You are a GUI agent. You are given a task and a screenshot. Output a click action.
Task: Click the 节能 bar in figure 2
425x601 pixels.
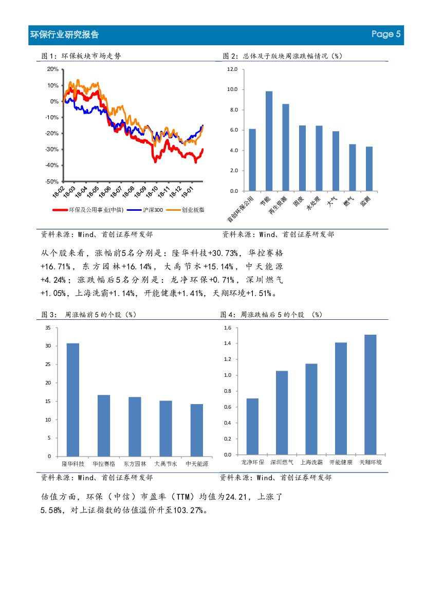pos(269,141)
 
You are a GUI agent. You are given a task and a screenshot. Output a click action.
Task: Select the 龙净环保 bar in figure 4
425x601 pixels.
pos(252,426)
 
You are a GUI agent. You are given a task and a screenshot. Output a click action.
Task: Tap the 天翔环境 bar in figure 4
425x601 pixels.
pos(371,394)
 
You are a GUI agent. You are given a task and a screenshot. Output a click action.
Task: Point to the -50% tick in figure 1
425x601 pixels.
pos(52,181)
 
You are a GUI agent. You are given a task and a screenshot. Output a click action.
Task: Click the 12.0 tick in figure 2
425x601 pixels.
pos(232,69)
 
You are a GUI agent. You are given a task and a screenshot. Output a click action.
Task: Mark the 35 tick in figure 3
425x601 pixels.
pos(48,327)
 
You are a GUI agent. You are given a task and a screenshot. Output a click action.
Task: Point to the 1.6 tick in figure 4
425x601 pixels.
pos(228,327)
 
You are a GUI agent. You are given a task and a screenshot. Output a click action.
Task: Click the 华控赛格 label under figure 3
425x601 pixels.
pos(104,464)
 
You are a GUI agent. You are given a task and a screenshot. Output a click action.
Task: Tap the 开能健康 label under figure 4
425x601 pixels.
pos(341,463)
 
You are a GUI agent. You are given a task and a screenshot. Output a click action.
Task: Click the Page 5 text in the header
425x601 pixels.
pos(385,34)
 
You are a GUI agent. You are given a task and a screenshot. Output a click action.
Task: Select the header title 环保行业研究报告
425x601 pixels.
pos(65,35)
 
